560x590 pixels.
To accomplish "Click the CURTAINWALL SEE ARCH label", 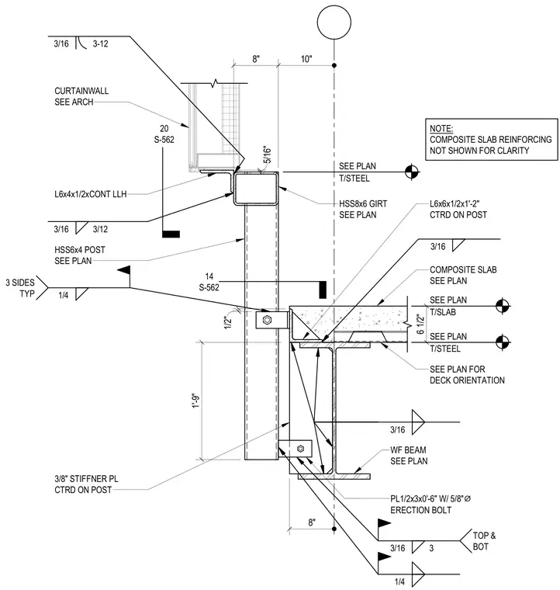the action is pyautogui.click(x=81, y=96).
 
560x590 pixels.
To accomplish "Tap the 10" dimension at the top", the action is pyautogui.click(x=306, y=59).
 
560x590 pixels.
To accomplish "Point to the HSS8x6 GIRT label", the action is pyautogui.click(x=363, y=204).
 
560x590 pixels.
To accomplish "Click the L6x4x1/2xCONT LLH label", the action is pyautogui.click(x=91, y=194).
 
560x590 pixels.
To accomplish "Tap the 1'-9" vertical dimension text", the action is pyautogui.click(x=195, y=401).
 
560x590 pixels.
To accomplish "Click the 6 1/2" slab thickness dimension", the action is pyautogui.click(x=420, y=324).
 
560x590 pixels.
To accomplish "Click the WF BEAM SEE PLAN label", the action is pyautogui.click(x=409, y=456).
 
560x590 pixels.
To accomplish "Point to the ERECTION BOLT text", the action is pyautogui.click(x=420, y=510).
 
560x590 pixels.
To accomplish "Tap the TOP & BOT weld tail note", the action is pyautogui.click(x=484, y=541).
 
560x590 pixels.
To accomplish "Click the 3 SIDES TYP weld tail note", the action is pyautogui.click(x=20, y=288).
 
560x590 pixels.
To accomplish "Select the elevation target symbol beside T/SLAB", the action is pyautogui.click(x=502, y=306).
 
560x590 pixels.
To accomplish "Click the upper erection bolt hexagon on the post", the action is pyautogui.click(x=267, y=320).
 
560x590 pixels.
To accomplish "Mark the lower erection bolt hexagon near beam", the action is pyautogui.click(x=300, y=449).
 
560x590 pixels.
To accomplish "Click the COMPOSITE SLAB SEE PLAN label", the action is pyautogui.click(x=463, y=276).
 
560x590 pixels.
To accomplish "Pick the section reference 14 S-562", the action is pyautogui.click(x=209, y=282).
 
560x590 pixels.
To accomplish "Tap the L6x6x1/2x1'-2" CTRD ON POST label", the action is pyautogui.click(x=458, y=209).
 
